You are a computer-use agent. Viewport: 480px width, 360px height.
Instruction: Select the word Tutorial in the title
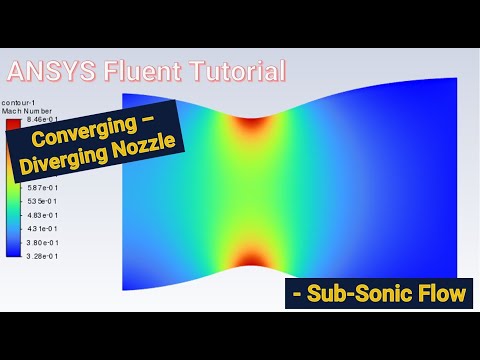pyautogui.click(x=232, y=71)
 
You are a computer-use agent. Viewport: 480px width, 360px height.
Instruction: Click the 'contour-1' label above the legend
pyautogui.click(x=19, y=102)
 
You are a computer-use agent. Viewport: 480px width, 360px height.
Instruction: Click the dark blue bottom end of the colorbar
pyautogui.click(x=9, y=252)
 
